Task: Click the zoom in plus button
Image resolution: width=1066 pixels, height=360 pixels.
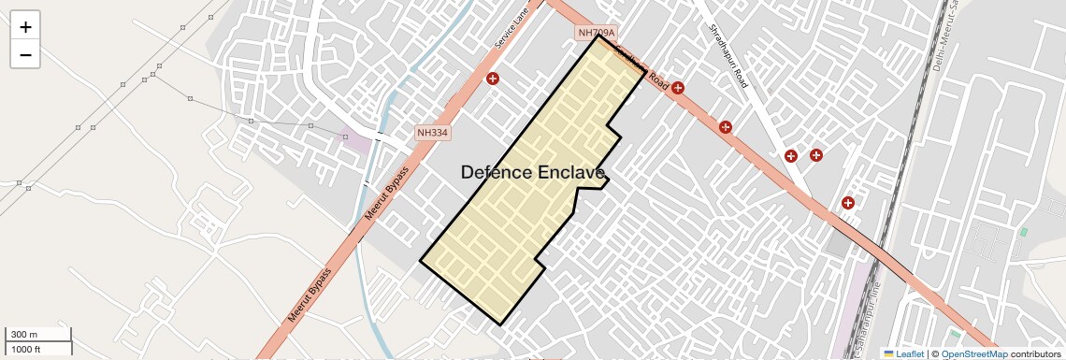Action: (x=25, y=27)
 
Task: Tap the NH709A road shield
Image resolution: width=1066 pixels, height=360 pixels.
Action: (x=598, y=34)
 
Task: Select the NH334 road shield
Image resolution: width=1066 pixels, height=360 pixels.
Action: (x=433, y=133)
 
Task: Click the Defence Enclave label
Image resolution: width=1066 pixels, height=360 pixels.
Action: (x=533, y=172)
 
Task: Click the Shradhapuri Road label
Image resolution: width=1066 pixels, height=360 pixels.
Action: (x=728, y=56)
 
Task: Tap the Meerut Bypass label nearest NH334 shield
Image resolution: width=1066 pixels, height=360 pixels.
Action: (x=387, y=195)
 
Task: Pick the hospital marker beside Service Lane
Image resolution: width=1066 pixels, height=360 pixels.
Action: (x=493, y=79)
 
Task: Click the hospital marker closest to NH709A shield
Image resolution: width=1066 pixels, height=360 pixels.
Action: (x=678, y=89)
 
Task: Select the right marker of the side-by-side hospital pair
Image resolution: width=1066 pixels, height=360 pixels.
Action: (x=816, y=155)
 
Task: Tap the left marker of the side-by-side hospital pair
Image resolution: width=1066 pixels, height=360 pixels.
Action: (x=791, y=156)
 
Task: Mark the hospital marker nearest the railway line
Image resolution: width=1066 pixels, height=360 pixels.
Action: (x=848, y=202)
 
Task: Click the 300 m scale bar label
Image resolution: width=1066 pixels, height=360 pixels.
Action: (x=24, y=335)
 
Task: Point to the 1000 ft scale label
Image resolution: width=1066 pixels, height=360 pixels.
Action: (x=26, y=349)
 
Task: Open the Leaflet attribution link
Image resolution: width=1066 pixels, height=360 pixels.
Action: (x=903, y=353)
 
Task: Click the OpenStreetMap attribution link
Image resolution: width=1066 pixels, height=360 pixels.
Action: (x=974, y=353)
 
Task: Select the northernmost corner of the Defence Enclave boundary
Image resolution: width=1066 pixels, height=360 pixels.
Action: (x=599, y=36)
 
